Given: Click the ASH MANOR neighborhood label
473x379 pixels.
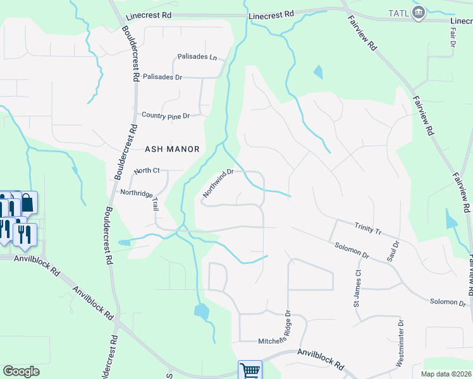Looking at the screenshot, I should click(x=172, y=149).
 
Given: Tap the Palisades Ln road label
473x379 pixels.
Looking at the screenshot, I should click(x=197, y=57).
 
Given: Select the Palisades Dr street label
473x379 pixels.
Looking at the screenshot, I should click(x=163, y=77).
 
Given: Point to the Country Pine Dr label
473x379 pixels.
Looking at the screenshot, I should click(x=166, y=115).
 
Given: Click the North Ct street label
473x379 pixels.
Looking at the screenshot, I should click(x=147, y=171).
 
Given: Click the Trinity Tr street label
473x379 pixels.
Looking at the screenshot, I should click(x=368, y=229).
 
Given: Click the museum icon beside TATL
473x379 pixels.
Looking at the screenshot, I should click(x=418, y=13).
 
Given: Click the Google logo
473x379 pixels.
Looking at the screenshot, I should click(x=21, y=371).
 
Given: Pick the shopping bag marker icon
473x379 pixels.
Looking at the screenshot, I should click(x=27, y=203).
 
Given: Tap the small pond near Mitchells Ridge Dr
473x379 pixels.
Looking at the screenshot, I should click(x=202, y=310).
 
